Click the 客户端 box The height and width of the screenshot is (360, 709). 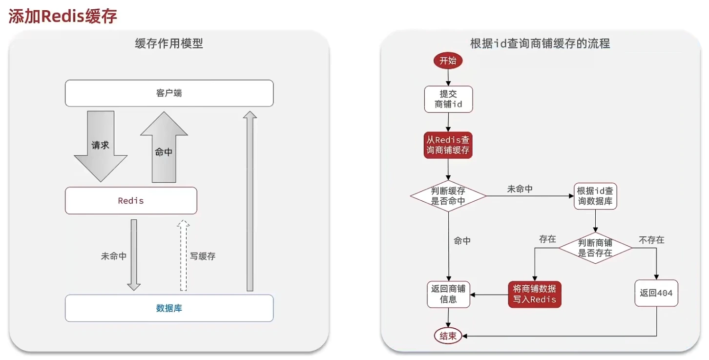pos(169,93)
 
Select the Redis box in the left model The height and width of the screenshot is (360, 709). pos(131,200)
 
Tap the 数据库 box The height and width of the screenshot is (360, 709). pos(169,308)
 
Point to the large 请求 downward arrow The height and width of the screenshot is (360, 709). pos(101,146)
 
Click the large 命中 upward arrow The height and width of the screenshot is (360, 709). pos(164,147)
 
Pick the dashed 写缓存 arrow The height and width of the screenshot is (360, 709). pos(183,255)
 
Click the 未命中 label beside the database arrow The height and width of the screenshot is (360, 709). pos(114,256)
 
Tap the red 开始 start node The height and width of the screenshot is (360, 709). pos(448,61)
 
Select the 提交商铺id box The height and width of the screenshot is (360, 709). pos(448,99)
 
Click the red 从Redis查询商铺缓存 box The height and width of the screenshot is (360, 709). pos(448,145)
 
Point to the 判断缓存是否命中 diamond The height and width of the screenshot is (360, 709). pos(448,196)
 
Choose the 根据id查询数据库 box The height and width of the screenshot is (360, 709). pos(595,196)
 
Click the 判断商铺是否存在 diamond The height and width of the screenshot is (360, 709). pos(595,248)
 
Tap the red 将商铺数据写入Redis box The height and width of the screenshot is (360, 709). pos(535,295)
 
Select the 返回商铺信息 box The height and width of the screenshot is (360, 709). pos(448,294)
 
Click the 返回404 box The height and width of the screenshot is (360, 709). pos(656,293)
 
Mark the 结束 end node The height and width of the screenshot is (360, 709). pos(448,336)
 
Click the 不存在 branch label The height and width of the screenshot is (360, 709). pos(651,240)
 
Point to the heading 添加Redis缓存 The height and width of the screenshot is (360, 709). pos(63,16)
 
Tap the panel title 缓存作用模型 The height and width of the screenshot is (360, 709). pos(169,43)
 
